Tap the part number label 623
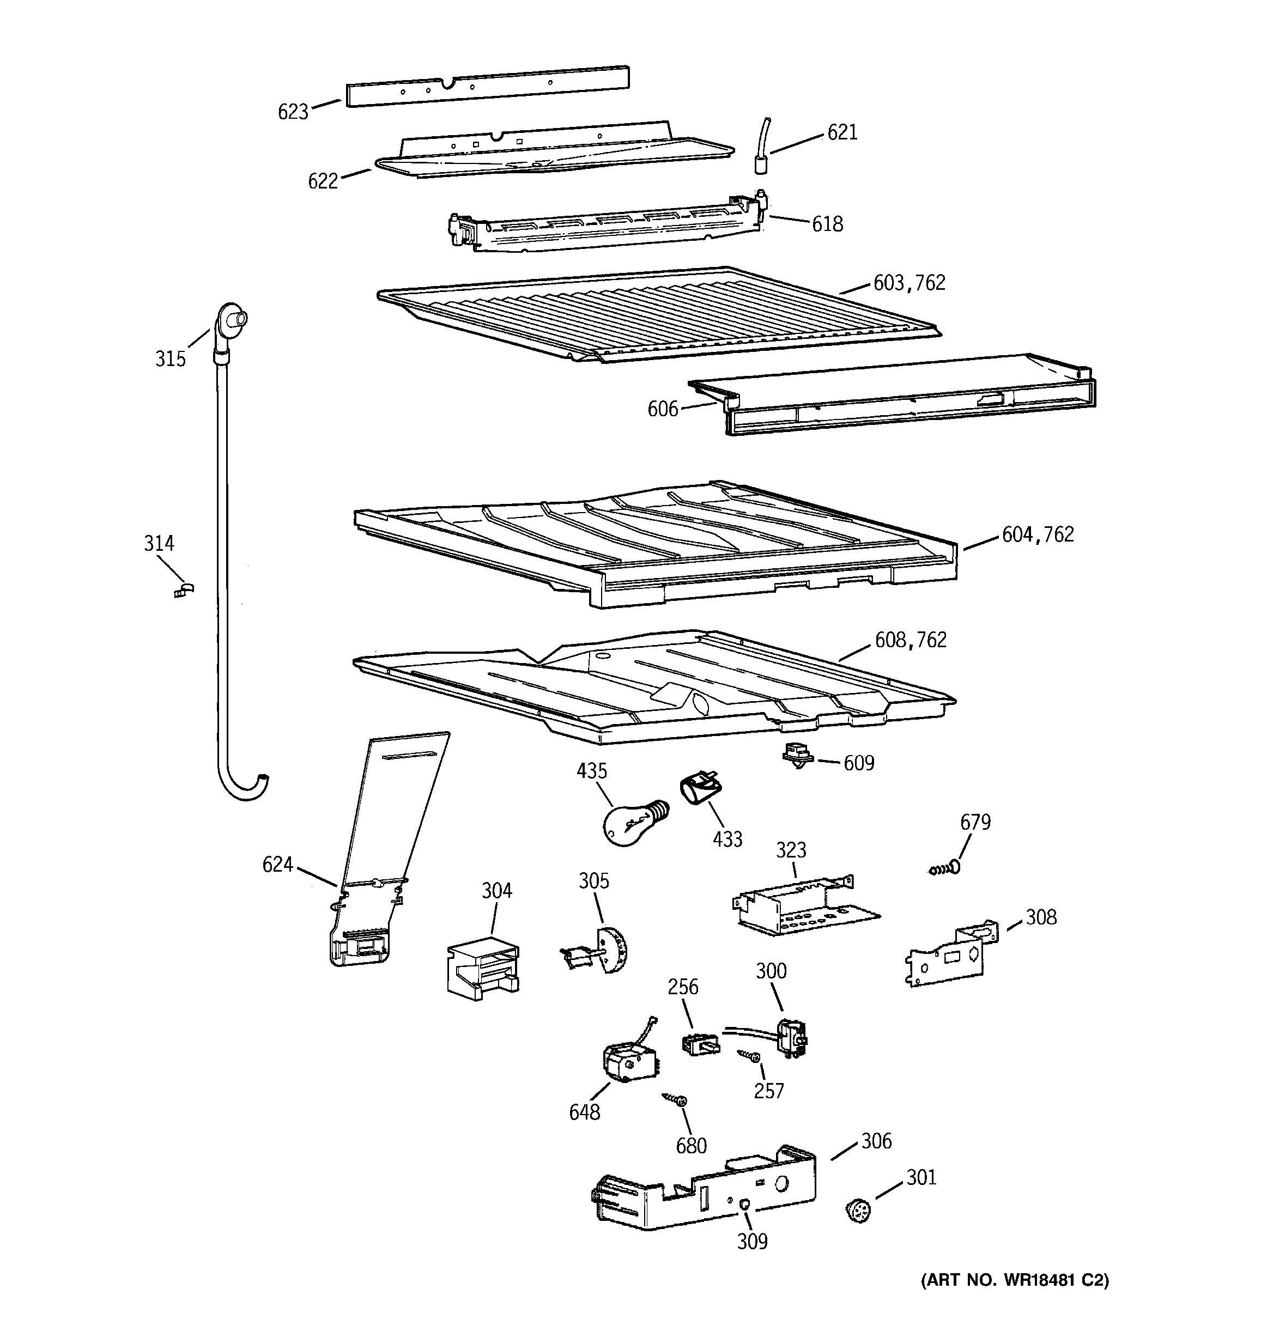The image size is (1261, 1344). coord(293,112)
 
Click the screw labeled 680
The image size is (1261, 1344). coord(676,1099)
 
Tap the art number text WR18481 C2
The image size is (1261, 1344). coord(1015,1280)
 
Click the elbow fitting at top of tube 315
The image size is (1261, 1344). coord(230,321)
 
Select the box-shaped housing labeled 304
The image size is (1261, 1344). coord(482,967)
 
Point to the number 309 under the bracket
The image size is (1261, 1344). coord(752,1241)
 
